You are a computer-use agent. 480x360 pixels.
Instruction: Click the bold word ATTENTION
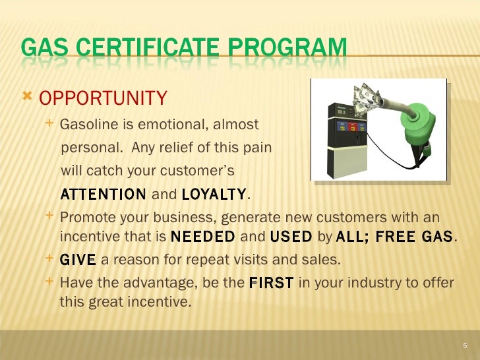click(x=104, y=195)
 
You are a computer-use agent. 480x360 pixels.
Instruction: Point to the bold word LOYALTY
click(x=213, y=195)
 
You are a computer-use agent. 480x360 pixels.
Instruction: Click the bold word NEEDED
click(x=202, y=237)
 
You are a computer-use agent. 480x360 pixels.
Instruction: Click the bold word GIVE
click(x=78, y=260)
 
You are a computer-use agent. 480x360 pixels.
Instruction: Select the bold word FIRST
click(x=272, y=283)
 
